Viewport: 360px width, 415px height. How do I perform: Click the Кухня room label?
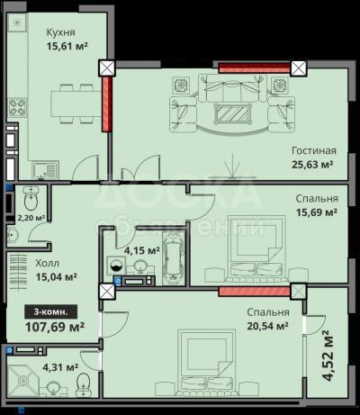[61, 32]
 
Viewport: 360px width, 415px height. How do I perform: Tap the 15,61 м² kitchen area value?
[67, 46]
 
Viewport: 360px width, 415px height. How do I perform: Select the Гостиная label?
[314, 150]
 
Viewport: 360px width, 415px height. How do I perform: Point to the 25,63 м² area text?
[313, 165]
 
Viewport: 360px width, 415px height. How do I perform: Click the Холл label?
[48, 263]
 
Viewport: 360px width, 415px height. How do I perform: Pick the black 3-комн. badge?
[51, 312]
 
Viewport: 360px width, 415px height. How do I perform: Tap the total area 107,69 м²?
[55, 327]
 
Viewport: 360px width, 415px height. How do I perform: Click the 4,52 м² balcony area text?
[328, 356]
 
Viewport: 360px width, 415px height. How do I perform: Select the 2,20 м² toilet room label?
[31, 217]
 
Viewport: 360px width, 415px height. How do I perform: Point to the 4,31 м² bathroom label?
[60, 366]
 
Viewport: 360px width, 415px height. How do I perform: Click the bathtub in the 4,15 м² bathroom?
[173, 257]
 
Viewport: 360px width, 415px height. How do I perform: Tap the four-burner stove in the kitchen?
[17, 107]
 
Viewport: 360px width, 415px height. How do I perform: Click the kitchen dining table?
[76, 104]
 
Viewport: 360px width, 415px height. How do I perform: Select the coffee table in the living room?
[234, 113]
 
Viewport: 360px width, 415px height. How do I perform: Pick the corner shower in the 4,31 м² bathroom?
[22, 380]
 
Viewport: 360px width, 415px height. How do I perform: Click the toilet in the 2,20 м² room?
[31, 198]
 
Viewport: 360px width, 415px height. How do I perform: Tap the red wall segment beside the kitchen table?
[106, 104]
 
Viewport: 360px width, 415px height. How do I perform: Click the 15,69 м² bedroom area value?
[317, 212]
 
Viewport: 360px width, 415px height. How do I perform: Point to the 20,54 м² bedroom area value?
[268, 326]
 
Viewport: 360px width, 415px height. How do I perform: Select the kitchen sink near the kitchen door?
[45, 170]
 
